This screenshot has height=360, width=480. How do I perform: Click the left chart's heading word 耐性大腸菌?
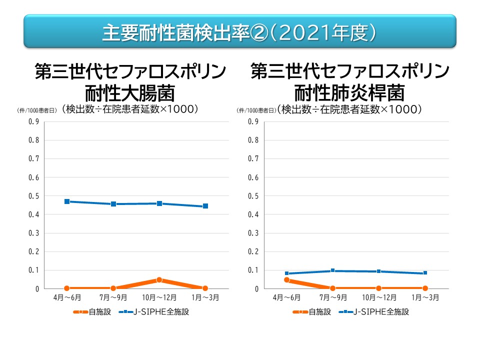coord(129,93)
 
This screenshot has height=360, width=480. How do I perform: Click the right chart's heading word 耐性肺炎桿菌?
coord(349,93)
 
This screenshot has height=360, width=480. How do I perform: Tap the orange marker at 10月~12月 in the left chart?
coord(159,280)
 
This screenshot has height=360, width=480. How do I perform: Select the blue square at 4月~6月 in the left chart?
coord(67,201)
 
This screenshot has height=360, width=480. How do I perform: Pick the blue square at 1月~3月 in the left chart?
coord(205,206)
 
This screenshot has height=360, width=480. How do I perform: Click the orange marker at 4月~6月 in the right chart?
coord(287,280)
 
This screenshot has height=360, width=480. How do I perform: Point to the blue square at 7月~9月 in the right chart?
coord(332,270)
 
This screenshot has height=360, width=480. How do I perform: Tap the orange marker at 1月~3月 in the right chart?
coord(425,288)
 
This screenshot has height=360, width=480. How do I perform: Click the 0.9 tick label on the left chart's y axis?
coord(33,121)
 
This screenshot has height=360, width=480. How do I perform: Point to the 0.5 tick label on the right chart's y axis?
coord(253,196)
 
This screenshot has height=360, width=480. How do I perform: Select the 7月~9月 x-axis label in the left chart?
coord(113,297)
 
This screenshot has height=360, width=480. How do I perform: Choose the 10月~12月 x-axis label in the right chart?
coord(378,297)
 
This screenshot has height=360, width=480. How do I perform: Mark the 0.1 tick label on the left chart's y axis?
coord(33,270)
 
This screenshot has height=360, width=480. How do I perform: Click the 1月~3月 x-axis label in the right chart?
coord(425,297)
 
